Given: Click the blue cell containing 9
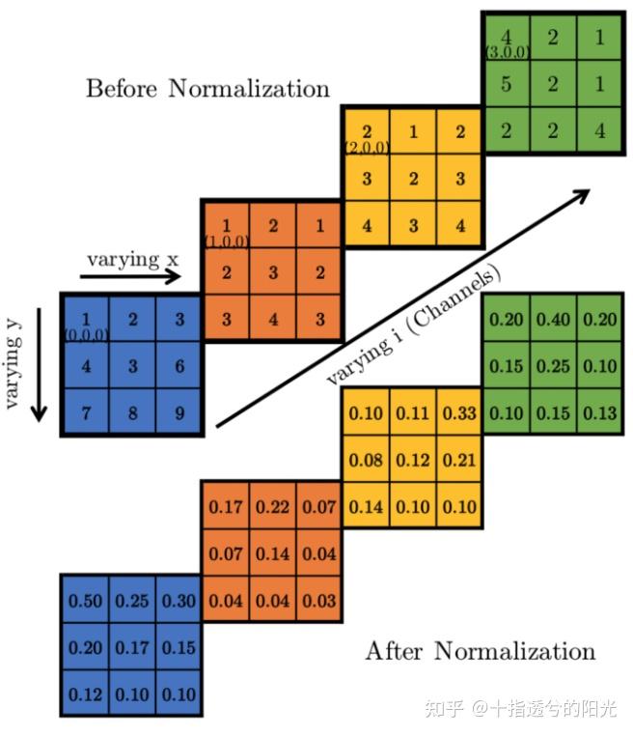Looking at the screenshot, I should click(x=178, y=412).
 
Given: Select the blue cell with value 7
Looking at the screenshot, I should click(x=85, y=412).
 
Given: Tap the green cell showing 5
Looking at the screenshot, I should click(x=505, y=84).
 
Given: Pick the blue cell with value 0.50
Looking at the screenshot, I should click(x=85, y=601).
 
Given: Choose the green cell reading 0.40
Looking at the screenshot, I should click(x=552, y=321).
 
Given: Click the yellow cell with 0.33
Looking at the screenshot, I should click(x=458, y=414).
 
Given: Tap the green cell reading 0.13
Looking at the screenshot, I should click(x=598, y=413).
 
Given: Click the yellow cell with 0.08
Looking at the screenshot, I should click(x=365, y=461).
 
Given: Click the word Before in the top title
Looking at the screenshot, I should click(x=123, y=90).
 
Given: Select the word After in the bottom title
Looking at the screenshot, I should click(x=395, y=652).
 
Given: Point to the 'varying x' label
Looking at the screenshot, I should click(x=132, y=258).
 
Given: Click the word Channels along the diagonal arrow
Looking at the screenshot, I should click(x=463, y=300).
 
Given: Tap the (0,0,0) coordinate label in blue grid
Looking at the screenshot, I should click(x=85, y=334).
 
